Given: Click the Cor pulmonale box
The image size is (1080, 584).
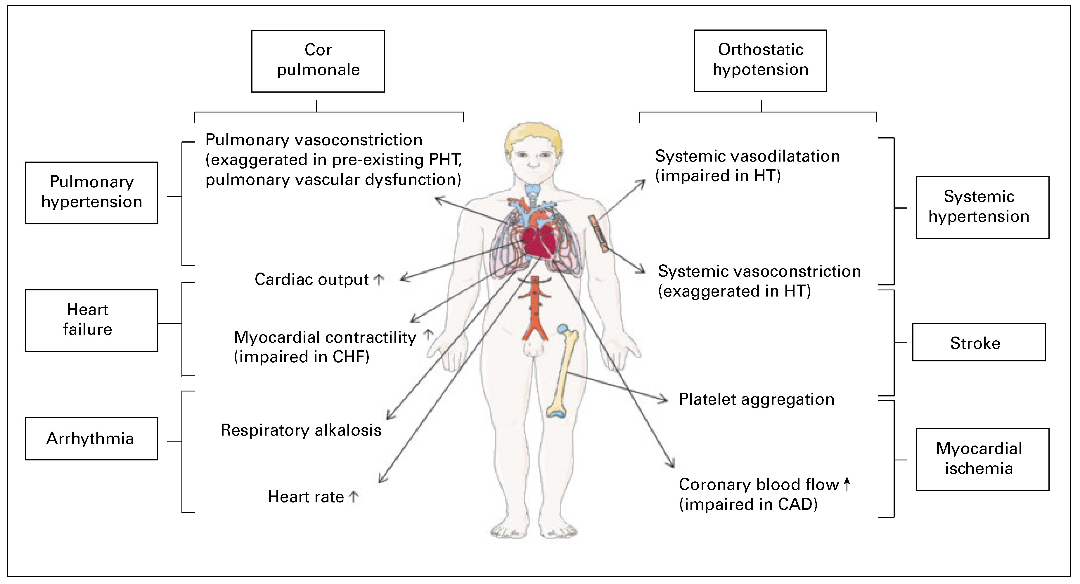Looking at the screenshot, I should [x=318, y=61].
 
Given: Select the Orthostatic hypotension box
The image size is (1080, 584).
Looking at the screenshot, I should [x=760, y=60].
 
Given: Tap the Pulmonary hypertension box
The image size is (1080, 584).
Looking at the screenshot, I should [x=91, y=193].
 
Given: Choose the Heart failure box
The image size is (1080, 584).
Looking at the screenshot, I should [x=91, y=320].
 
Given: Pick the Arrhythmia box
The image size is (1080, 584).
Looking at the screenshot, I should [x=91, y=438].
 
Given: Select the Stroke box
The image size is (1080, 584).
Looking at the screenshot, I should [x=979, y=342].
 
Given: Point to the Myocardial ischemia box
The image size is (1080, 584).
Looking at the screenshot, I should [x=982, y=459].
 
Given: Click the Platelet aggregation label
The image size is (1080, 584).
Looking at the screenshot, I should [x=756, y=399].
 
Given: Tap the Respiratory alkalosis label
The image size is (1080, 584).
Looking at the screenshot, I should [x=301, y=430].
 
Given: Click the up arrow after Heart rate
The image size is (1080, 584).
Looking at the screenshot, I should [x=354, y=497].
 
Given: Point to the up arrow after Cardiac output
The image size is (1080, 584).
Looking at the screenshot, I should [x=379, y=280].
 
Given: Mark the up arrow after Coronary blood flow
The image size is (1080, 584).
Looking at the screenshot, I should [x=847, y=484].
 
